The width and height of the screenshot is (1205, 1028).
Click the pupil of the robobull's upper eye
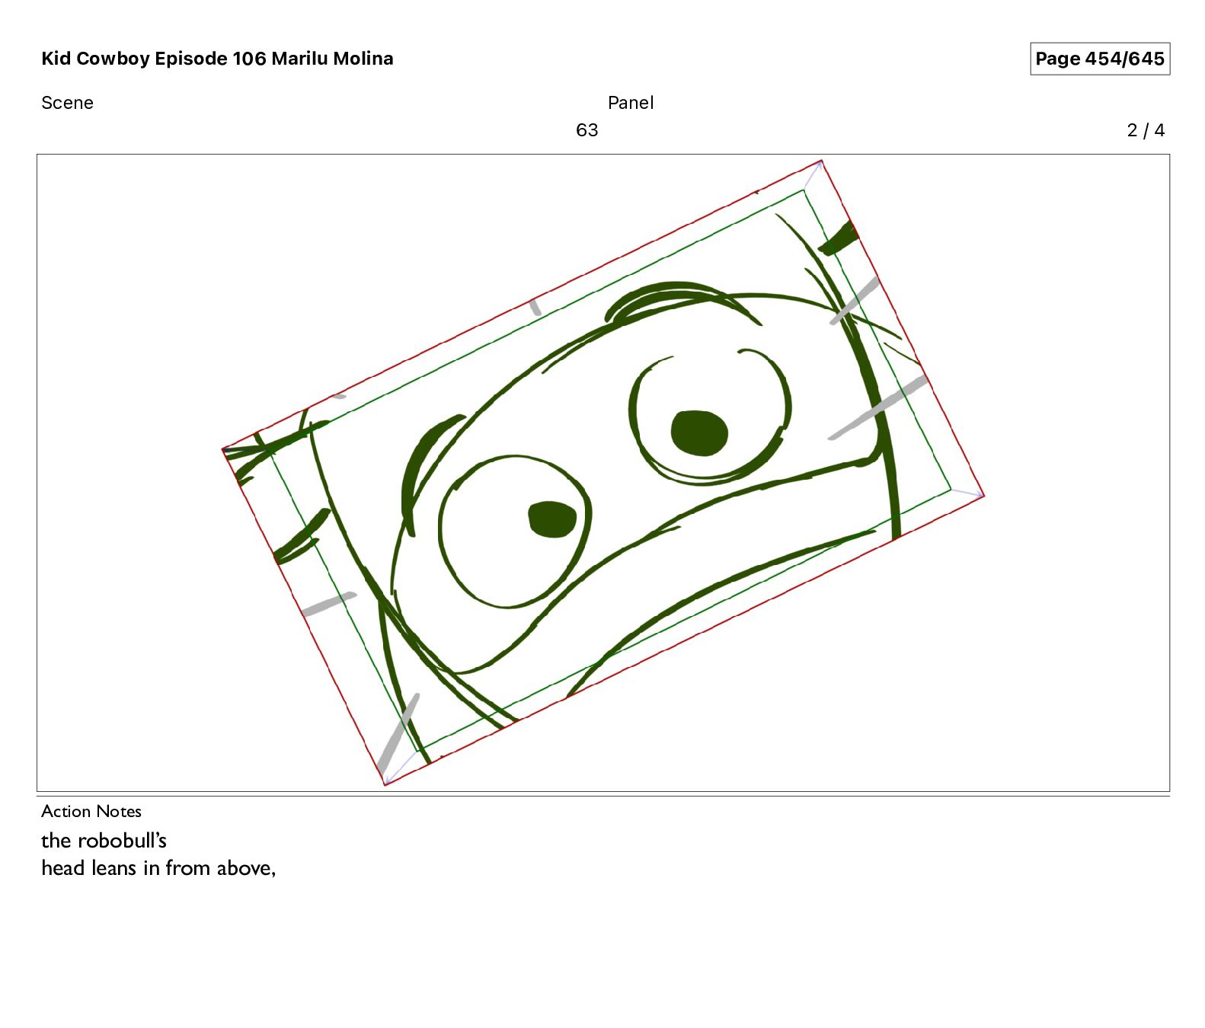tap(699, 433)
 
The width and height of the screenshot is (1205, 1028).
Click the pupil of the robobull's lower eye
tap(552, 519)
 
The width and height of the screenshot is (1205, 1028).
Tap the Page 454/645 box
tap(1100, 59)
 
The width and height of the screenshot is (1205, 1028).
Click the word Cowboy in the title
tap(113, 59)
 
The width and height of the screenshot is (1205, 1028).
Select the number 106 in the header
tap(249, 59)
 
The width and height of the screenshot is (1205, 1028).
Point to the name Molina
tap(363, 59)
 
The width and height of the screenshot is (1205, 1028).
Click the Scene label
tap(67, 103)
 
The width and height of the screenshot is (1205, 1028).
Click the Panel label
tap(631, 103)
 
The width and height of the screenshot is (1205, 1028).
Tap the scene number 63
tap(587, 130)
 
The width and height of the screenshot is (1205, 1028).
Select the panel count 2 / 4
tap(1146, 130)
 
